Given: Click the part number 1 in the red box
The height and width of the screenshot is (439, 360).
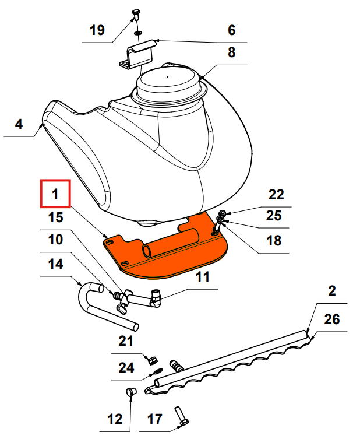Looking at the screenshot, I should coord(55,194).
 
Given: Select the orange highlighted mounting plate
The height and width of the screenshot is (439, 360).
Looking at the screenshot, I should coord(169,251).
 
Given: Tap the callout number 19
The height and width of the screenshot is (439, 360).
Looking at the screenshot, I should coord(97,30).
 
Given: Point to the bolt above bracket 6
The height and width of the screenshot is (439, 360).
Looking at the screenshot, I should coord(136,13).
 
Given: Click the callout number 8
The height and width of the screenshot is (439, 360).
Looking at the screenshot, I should coord(231,52).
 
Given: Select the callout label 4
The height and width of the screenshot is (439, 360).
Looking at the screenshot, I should coord(19,124).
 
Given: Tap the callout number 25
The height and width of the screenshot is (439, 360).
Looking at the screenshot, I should coord(274,216).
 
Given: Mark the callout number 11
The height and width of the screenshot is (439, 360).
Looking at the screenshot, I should coord(202,277).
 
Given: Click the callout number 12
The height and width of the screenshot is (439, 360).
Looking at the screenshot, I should coord(115,418).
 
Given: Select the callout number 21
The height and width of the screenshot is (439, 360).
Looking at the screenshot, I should coord(126,340).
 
